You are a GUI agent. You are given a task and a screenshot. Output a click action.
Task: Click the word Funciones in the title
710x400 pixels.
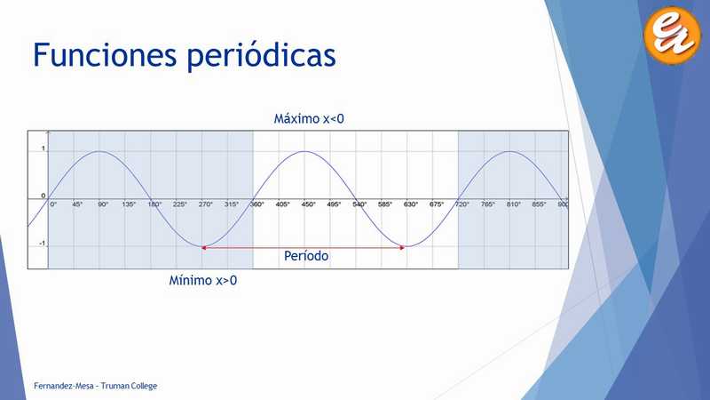[105, 54]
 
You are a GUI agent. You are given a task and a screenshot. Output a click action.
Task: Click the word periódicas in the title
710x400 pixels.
[261, 56]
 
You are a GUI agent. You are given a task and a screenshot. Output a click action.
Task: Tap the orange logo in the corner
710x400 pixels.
[672, 35]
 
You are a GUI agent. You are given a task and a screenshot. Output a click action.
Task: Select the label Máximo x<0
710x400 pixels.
[309, 119]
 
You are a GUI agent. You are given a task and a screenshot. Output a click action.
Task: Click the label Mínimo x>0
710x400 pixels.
[203, 280]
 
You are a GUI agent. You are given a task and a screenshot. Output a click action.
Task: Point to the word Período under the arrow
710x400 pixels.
[306, 256]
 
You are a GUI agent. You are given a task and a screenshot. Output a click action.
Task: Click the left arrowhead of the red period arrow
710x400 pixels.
[203, 248]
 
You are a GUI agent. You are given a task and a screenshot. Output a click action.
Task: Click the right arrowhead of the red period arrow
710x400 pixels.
[402, 248]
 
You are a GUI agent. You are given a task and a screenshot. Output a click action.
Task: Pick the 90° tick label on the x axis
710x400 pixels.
[103, 204]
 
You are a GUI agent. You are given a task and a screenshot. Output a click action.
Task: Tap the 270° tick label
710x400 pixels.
[206, 204]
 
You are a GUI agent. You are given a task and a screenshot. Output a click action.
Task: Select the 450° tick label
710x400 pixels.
[308, 204]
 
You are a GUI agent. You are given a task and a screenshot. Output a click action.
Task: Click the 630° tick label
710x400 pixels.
[411, 204]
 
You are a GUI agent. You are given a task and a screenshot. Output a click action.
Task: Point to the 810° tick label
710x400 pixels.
[514, 204]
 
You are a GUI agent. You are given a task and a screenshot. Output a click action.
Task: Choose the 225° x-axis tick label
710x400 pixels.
[180, 204]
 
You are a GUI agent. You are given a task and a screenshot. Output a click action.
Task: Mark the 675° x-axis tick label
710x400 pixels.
[437, 204]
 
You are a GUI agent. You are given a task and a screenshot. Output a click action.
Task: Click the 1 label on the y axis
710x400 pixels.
[43, 148]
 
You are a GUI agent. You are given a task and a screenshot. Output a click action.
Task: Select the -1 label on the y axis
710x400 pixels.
[42, 244]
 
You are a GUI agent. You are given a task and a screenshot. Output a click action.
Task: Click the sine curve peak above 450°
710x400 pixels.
[304, 151]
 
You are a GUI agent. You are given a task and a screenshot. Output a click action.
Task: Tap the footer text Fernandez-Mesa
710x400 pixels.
[63, 386]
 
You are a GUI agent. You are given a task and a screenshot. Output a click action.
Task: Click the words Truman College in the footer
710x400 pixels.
[129, 386]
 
